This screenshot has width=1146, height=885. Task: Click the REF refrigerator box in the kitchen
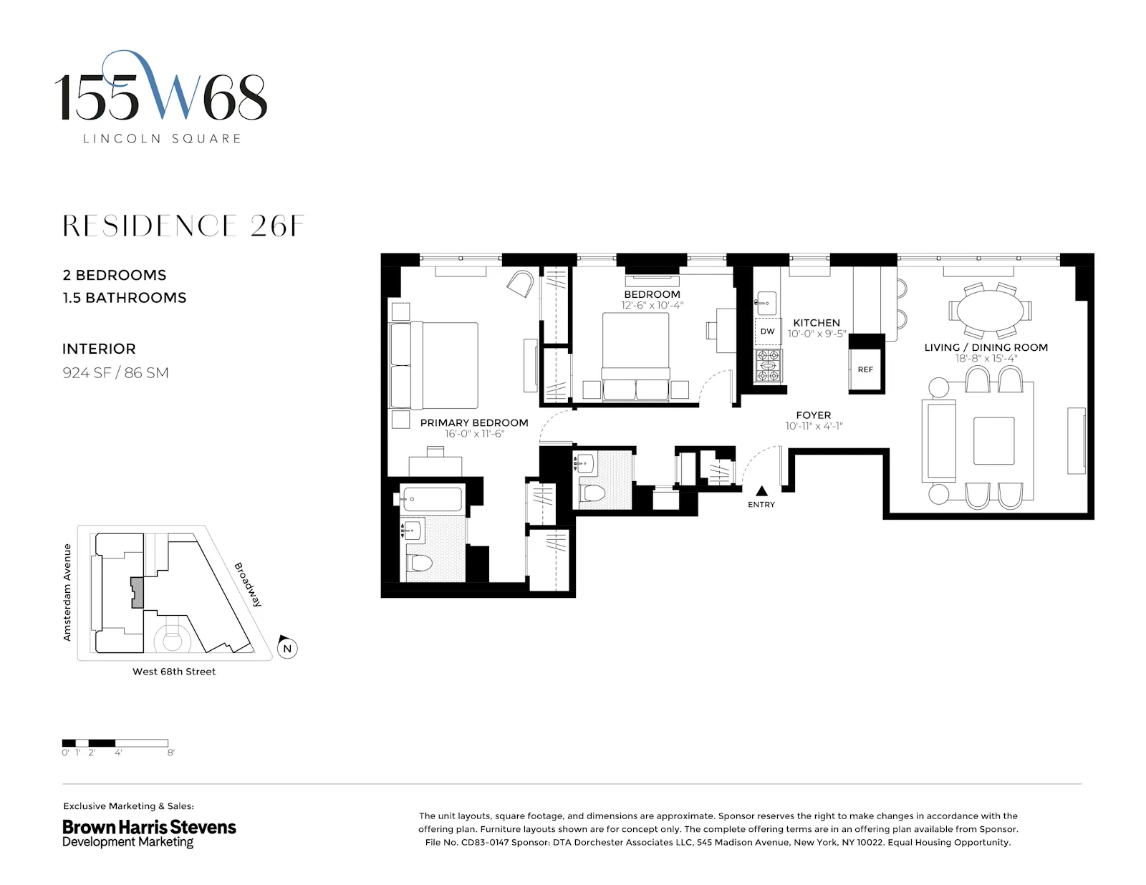click(x=865, y=369)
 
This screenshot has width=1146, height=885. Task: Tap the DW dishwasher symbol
click(x=767, y=332)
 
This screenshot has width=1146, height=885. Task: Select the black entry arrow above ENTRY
click(x=761, y=491)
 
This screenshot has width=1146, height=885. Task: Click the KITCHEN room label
click(x=817, y=323)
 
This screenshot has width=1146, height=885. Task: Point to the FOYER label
click(x=814, y=415)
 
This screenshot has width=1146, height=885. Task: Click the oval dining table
click(x=991, y=311)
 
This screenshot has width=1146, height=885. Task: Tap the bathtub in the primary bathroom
click(x=431, y=499)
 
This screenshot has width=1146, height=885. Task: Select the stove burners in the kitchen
click(x=768, y=365)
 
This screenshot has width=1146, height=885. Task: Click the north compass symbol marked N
click(x=287, y=648)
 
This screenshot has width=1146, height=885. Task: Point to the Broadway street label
click(x=248, y=585)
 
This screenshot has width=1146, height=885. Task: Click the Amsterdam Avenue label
click(x=67, y=592)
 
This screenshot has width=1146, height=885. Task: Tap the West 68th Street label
click(x=174, y=672)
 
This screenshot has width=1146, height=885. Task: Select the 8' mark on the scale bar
click(x=170, y=753)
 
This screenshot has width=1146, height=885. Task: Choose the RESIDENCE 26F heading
click(x=183, y=226)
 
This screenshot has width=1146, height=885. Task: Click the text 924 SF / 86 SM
click(x=115, y=372)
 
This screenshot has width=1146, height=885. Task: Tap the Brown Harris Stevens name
click(x=149, y=827)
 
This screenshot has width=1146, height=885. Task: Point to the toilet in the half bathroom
click(x=593, y=493)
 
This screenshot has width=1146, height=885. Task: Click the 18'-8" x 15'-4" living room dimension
click(x=986, y=359)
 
